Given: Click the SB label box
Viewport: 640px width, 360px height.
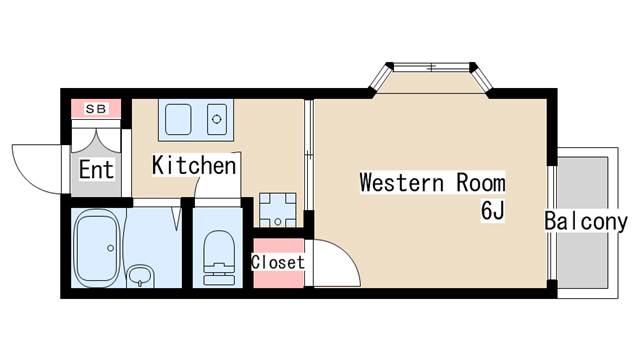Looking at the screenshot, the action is point(96,109).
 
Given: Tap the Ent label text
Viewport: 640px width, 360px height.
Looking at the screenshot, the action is point(96,169).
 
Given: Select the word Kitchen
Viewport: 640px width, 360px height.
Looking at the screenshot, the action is point(194,165).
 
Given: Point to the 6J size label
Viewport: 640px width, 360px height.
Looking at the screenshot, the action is point(493,211).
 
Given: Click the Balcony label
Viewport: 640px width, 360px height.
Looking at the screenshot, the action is point(586,222).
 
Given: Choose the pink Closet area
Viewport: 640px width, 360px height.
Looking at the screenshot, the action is point(278,263).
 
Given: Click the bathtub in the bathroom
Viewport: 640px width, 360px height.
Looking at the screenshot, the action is point(98,248).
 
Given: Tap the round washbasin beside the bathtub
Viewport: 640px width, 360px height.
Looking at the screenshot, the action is point(140,276).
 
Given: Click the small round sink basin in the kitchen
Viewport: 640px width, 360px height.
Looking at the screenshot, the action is point(217,119).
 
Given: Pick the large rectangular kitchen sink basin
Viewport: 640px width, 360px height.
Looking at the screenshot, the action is point(178,119).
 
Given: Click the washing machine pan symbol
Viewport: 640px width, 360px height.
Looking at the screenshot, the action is point(278,210).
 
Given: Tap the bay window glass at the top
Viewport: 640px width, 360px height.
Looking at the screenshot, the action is point(431,67).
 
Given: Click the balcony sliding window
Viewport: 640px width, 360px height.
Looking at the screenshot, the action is point(552,222).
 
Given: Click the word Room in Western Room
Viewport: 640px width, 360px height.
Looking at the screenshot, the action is point(481,182).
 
